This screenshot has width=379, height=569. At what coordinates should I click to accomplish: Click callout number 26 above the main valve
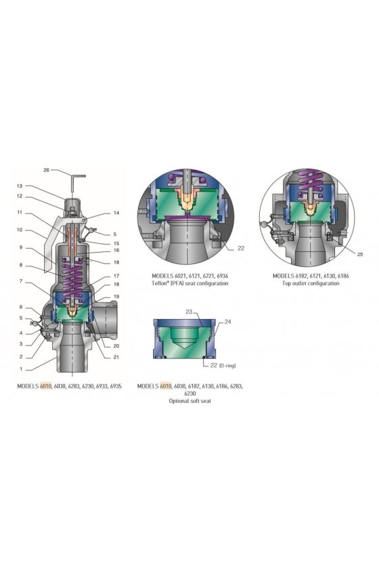coord(46,170)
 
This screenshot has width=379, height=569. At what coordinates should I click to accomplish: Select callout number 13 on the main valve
coord(19,186)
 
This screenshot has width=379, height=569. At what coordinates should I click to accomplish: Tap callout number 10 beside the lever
coord(19,230)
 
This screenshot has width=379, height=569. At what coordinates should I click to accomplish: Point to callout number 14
coord(116,213)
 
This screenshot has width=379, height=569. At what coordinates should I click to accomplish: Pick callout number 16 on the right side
coord(116,251)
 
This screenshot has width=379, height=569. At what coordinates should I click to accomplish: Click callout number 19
coord(116,297)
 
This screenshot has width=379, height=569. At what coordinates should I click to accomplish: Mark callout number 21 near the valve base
coord(116,357)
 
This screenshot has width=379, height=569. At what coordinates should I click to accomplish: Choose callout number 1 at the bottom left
coord(21,369)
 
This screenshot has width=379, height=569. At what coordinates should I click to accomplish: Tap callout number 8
coord(21,265)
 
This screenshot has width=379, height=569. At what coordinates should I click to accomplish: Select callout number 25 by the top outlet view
coord(360,255)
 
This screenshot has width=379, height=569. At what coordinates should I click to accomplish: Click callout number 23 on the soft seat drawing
coord(189,312)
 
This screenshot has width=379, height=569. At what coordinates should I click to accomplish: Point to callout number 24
coord(228,322)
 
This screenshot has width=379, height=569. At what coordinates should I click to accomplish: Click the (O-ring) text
coord(227,366)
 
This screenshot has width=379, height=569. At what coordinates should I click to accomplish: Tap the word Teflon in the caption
coord(159,283)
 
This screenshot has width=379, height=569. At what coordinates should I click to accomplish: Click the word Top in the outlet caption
coord(286,283)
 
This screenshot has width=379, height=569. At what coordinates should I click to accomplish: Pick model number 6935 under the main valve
coord(116,386)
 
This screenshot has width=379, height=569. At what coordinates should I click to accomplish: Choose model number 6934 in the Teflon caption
coord(221,276)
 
